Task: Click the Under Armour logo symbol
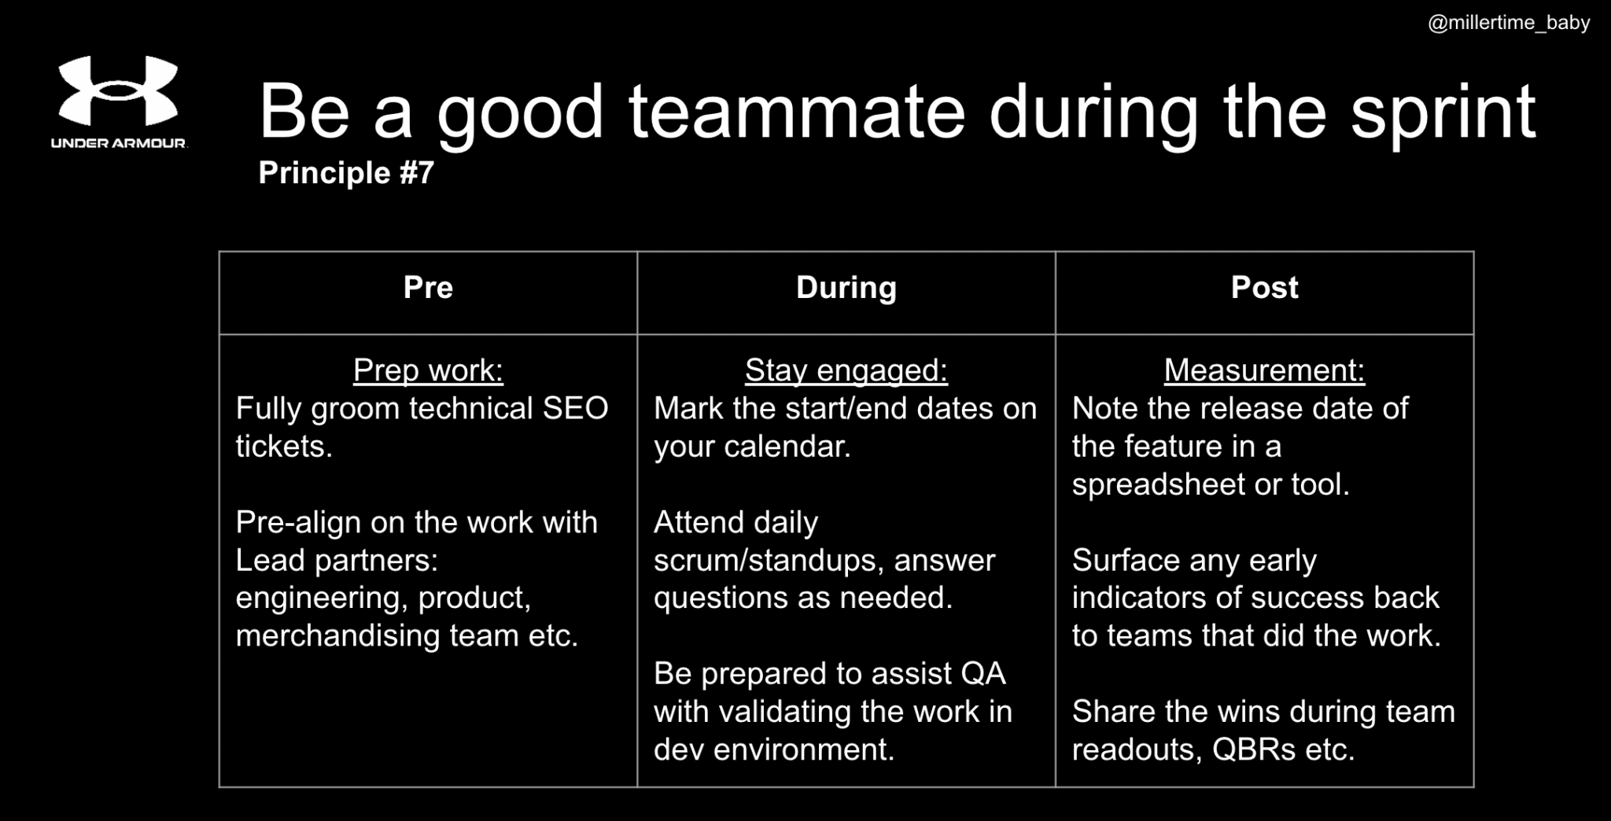(119, 90)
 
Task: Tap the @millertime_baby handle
(1509, 23)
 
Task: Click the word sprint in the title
(1443, 115)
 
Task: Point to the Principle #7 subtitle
(346, 173)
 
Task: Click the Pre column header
(428, 288)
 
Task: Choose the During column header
(846, 288)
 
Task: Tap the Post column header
(1264, 288)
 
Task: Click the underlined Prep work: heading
(428, 370)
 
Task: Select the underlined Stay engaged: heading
(846, 370)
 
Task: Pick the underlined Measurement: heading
(1264, 370)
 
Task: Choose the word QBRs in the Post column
(1253, 749)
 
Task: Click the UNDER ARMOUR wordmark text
(119, 143)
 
